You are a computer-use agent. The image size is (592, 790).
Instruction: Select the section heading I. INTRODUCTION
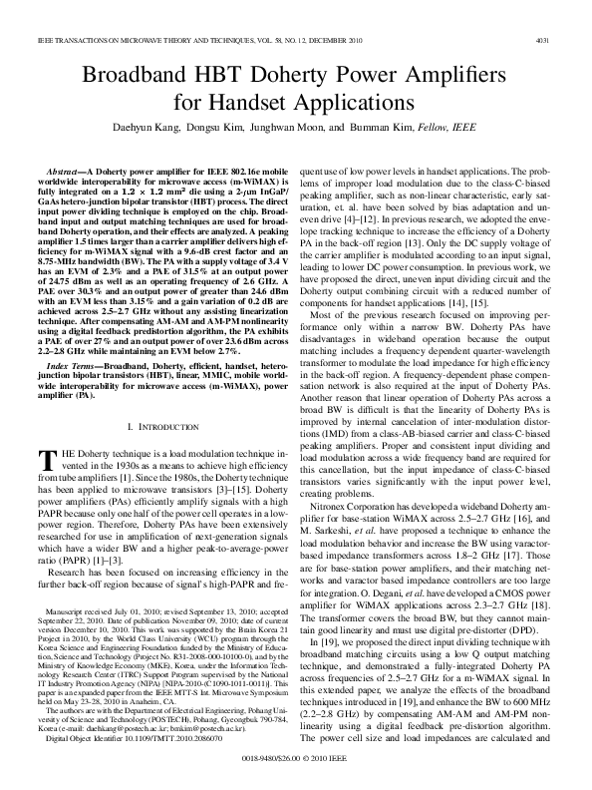pyautogui.click(x=158, y=426)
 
